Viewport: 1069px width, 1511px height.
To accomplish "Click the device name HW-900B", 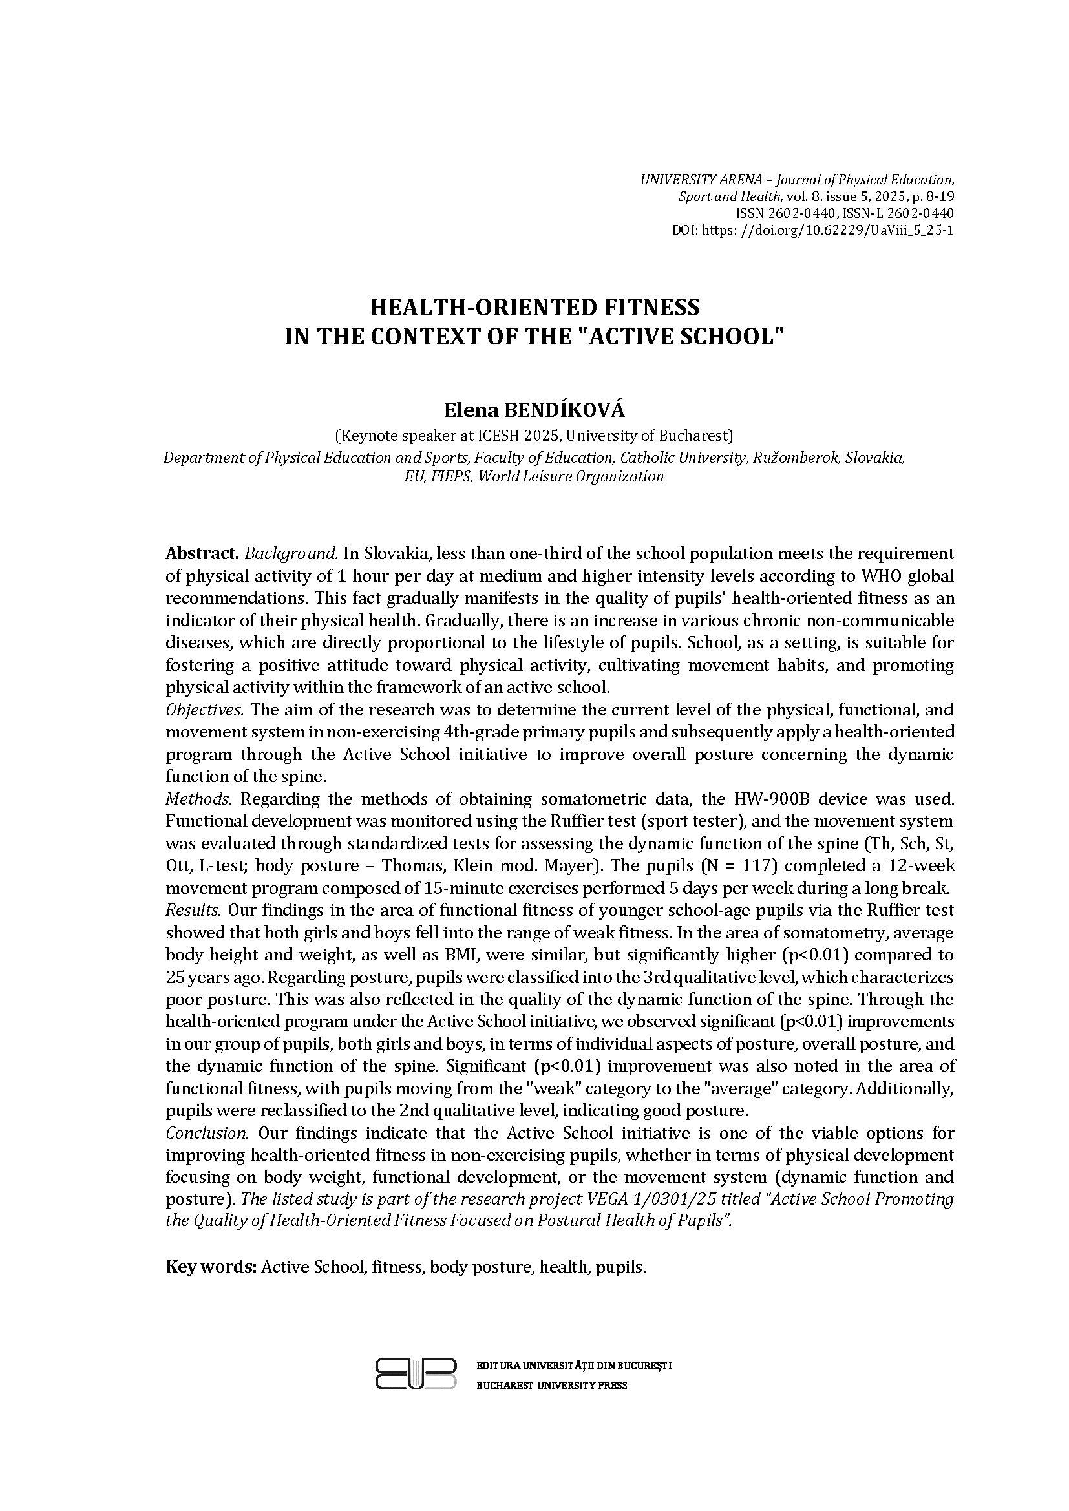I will pos(768,799).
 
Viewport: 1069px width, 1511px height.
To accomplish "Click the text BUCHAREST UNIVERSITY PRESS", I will pos(551,1386).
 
